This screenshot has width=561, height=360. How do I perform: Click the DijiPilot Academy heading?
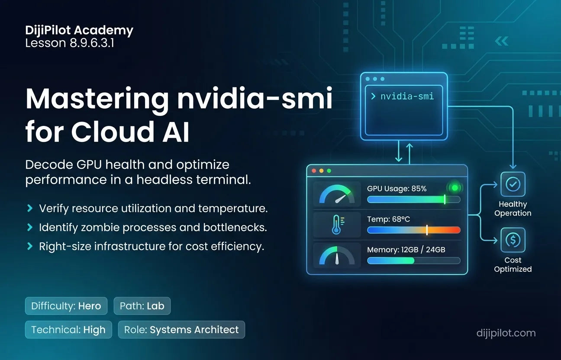(79, 31)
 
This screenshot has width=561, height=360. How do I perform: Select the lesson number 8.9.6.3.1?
(92, 43)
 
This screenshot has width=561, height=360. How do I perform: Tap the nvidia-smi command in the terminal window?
(407, 96)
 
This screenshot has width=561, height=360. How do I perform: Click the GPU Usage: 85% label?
(397, 189)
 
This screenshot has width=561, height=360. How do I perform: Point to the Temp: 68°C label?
(388, 219)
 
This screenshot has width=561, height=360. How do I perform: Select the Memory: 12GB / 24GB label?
(406, 250)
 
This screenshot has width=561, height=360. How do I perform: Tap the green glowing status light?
(455, 188)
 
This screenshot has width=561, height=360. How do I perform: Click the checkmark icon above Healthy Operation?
(513, 184)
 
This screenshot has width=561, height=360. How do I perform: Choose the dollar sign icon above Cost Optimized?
(513, 240)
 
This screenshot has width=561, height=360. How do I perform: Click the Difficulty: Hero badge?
(66, 305)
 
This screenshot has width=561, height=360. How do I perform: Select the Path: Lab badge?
(142, 305)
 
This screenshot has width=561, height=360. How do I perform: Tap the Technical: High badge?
(68, 329)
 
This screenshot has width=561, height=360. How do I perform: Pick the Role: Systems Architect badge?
(181, 329)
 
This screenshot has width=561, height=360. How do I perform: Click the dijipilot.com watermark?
(506, 333)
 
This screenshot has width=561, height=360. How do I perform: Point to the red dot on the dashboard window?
(314, 171)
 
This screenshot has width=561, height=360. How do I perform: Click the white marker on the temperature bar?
(427, 230)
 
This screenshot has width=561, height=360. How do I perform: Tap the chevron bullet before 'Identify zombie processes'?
(30, 227)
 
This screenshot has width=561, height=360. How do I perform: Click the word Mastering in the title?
(97, 99)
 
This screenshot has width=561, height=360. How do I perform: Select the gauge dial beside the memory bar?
(337, 256)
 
